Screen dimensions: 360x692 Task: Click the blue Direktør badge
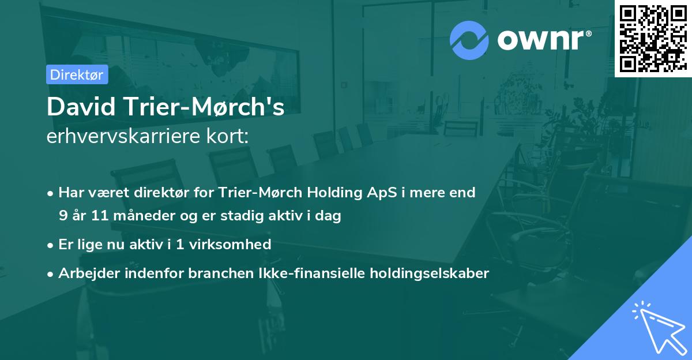pyautogui.click(x=77, y=74)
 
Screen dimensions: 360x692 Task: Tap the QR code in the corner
pyautogui.click(x=653, y=39)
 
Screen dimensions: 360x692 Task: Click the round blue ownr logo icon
pyautogui.click(x=469, y=40)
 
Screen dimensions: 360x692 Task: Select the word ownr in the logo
pyautogui.click(x=543, y=40)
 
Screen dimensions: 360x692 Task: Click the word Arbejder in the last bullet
pyautogui.click(x=85, y=273)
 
